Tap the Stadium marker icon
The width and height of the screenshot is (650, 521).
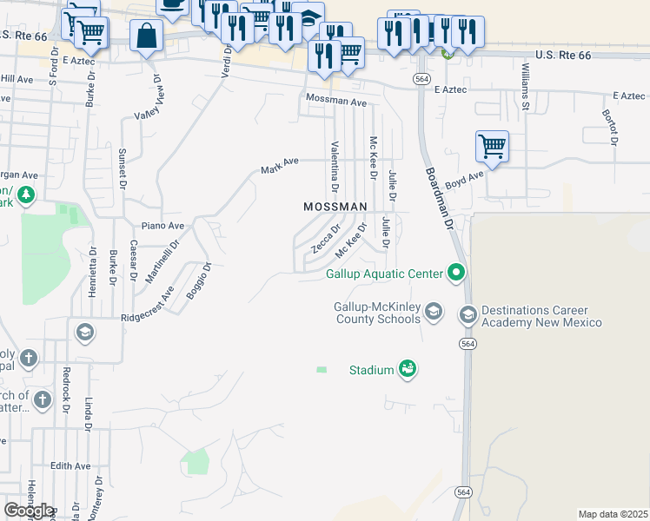point(408,370)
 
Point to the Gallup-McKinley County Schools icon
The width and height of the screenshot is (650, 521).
point(434,311)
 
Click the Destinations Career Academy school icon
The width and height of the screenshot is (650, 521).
point(468,313)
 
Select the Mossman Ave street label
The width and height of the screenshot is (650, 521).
point(335,102)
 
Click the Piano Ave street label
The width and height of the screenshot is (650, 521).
point(163,226)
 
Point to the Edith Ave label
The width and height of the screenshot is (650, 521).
point(70,466)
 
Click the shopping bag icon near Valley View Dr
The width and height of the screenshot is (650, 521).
point(147,36)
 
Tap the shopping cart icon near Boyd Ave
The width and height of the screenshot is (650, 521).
point(492,146)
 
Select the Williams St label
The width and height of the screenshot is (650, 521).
point(526,86)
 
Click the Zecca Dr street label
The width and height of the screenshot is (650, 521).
point(326,237)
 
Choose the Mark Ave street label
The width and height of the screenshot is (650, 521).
point(280,165)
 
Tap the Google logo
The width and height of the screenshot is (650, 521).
point(29,511)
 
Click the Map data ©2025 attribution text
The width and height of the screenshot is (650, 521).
point(613,514)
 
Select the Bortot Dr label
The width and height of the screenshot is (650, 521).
point(610,127)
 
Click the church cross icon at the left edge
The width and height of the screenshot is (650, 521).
point(29,357)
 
